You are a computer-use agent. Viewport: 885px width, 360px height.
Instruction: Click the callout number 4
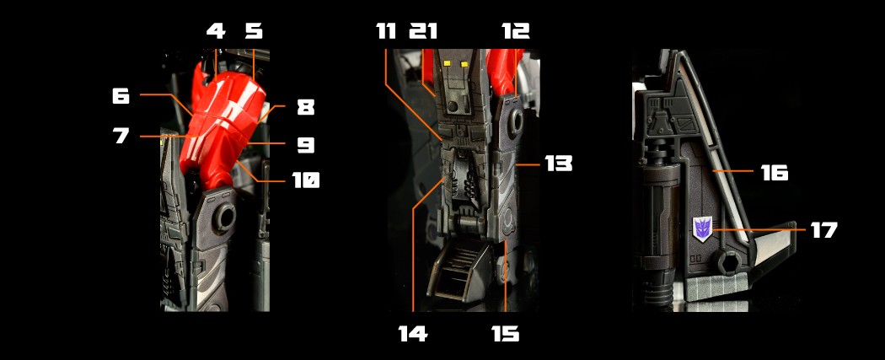click(x=216, y=30)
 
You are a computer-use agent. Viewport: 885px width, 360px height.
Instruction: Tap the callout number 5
click(x=254, y=30)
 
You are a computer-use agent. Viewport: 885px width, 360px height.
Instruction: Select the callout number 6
click(x=121, y=96)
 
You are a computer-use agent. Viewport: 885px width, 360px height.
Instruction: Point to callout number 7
click(x=121, y=136)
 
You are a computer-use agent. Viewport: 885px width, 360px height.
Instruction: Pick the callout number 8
click(x=305, y=107)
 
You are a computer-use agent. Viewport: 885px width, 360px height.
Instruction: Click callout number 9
click(x=305, y=145)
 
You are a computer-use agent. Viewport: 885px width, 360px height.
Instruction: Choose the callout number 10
click(x=305, y=180)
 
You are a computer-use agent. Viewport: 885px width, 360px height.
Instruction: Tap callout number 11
click(x=386, y=30)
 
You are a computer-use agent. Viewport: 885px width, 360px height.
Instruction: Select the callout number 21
click(x=423, y=30)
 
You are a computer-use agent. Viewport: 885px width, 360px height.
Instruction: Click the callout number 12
click(x=515, y=30)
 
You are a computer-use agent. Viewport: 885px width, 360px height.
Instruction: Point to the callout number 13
click(x=558, y=164)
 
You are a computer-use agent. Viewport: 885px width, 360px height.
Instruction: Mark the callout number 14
click(x=413, y=334)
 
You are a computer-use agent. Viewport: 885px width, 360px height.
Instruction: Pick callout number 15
click(x=505, y=334)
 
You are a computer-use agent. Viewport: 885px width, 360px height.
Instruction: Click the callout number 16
click(x=775, y=173)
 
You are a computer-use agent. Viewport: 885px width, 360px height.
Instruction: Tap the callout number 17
click(x=824, y=229)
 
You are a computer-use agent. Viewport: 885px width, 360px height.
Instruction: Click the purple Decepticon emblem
click(x=703, y=228)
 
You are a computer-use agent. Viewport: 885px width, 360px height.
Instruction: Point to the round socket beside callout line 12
click(x=515, y=121)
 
